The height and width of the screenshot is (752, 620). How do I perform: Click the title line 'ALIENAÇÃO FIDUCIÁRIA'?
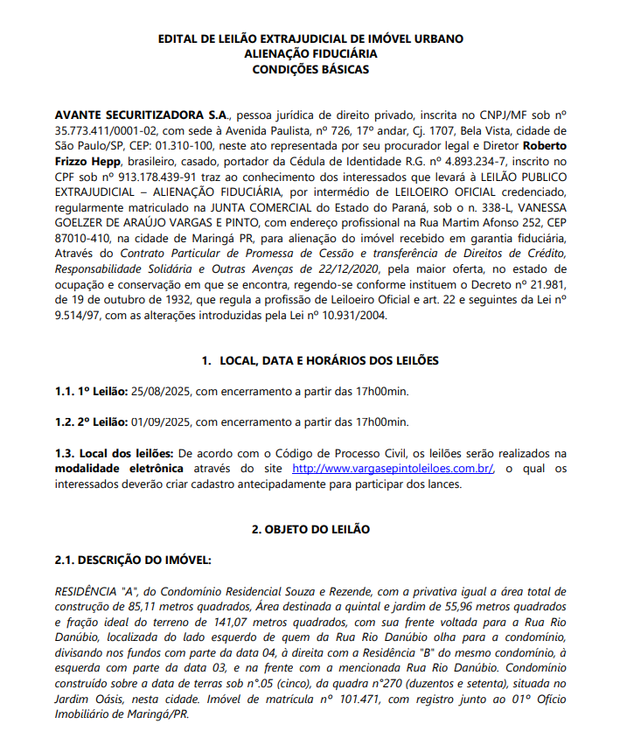(310, 54)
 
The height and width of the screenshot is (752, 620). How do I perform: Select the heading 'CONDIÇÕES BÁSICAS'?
(310, 69)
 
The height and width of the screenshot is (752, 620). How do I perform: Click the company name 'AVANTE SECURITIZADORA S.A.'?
(141, 115)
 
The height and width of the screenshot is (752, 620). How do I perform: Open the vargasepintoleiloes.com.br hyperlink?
(393, 469)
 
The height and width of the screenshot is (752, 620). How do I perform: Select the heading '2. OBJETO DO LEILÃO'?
(310, 530)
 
